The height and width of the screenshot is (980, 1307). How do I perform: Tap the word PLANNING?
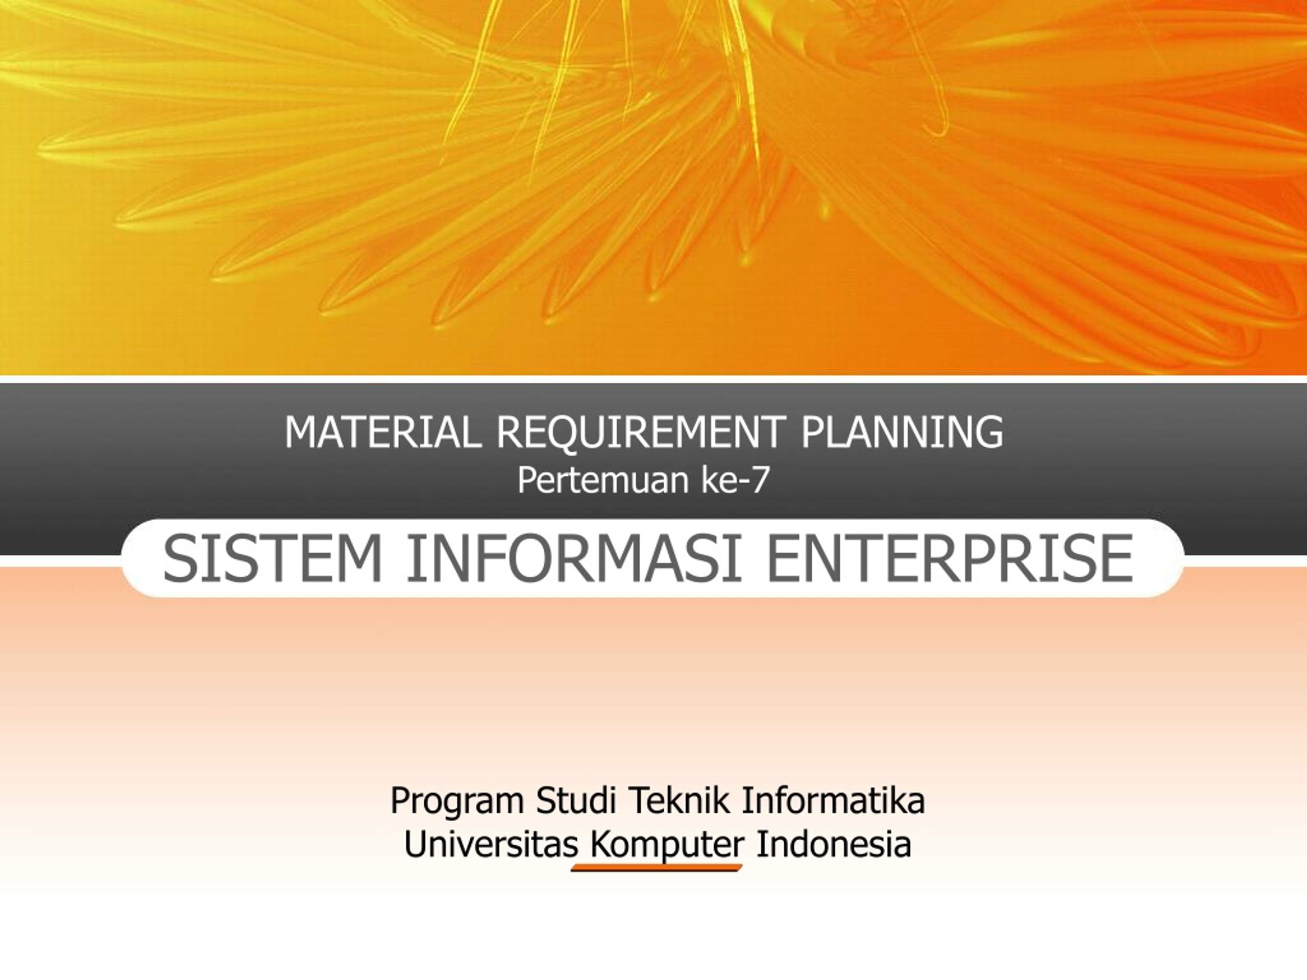pos(902,432)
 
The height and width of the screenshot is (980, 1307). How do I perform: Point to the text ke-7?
pos(735,480)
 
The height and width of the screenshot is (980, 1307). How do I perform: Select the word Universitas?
pos(491,844)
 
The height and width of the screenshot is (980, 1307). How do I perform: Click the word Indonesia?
pos(834,844)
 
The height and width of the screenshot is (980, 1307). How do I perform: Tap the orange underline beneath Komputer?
pos(657,868)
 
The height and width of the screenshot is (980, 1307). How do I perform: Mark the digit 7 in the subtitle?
pos(759,480)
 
